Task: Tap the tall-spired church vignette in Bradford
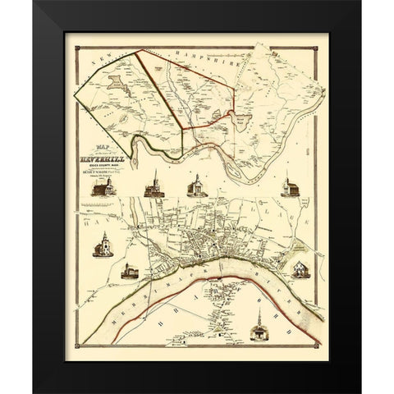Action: tap(259, 328)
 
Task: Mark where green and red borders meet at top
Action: tap(136, 51)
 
